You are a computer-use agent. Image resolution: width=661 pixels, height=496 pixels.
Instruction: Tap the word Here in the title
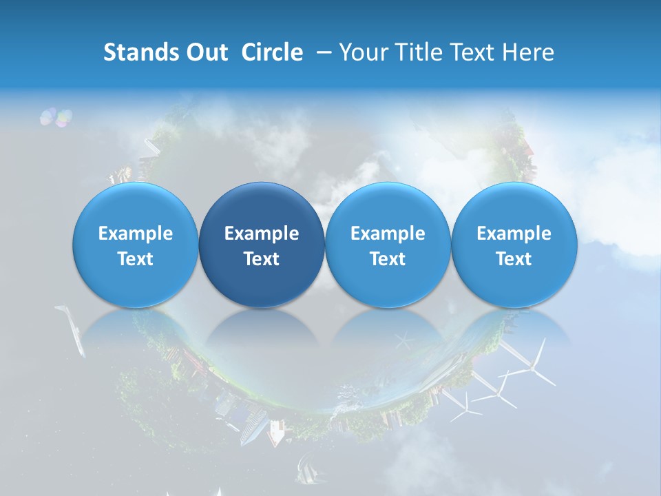(x=529, y=52)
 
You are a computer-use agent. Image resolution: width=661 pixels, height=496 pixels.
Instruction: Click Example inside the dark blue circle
(x=262, y=234)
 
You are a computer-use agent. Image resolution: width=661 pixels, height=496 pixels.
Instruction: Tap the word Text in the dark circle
(x=262, y=259)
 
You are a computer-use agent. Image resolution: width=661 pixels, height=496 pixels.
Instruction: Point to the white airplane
(x=72, y=329)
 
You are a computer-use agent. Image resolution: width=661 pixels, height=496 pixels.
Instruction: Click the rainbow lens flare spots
(x=56, y=118)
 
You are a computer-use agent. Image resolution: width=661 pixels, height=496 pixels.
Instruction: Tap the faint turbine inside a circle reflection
(x=404, y=340)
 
